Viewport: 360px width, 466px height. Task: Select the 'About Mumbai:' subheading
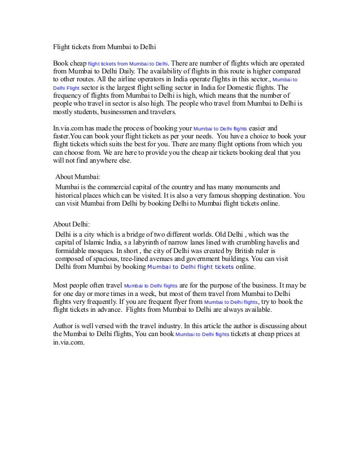tap(78, 176)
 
